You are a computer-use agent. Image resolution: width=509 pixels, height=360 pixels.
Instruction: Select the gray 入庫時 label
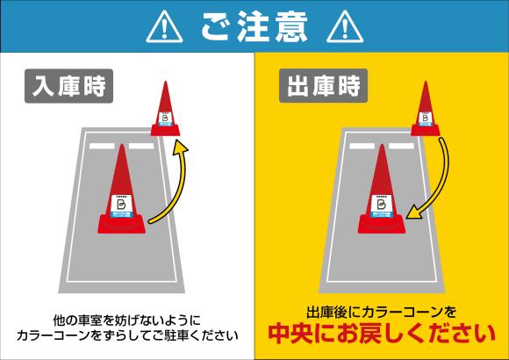click(69, 88)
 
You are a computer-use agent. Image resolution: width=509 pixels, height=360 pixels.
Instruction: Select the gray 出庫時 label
click(324, 88)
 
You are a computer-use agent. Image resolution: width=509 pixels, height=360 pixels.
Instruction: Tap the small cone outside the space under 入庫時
click(165, 110)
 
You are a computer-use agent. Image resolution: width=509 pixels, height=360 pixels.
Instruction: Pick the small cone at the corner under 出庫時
click(427, 110)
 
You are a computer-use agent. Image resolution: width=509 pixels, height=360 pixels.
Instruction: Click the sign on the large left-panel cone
click(121, 204)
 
